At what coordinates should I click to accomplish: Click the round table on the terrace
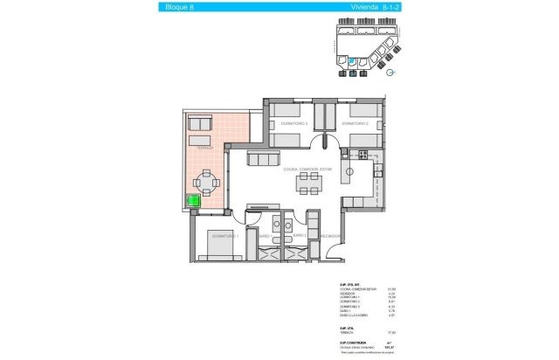[x=206, y=183]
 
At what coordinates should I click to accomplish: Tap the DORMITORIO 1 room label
[x=225, y=236]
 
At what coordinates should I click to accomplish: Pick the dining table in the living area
[x=309, y=183]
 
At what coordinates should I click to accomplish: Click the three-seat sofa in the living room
[x=263, y=159]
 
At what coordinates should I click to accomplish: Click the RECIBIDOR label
[x=328, y=236]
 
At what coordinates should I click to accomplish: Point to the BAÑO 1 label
[x=264, y=236]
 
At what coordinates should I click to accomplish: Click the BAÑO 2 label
[x=297, y=236]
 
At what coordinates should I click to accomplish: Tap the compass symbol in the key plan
[x=391, y=73]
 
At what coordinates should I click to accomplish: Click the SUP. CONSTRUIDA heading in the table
[x=351, y=343]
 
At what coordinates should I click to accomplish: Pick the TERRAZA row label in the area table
[x=347, y=331]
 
